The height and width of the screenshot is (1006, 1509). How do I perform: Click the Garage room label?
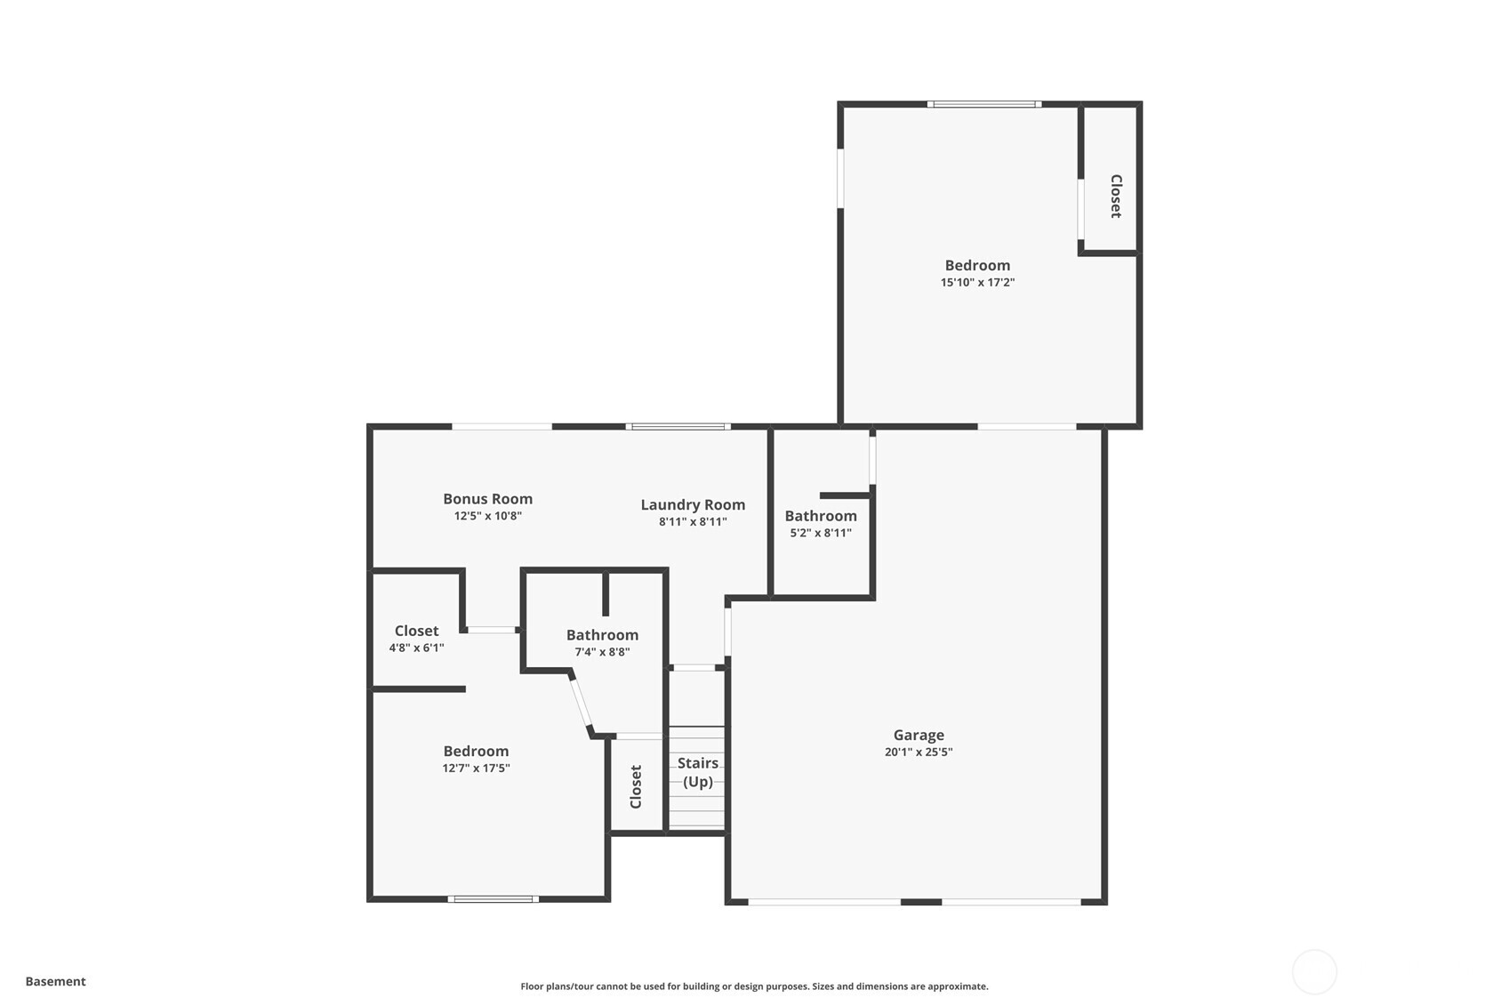click(919, 735)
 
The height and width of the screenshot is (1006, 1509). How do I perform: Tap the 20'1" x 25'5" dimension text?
click(919, 752)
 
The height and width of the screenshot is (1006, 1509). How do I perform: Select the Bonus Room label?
click(487, 499)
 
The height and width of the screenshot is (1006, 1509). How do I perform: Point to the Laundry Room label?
click(693, 504)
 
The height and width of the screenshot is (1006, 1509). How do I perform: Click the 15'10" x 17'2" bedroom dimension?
click(977, 283)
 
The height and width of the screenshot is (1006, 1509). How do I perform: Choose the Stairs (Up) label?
click(698, 772)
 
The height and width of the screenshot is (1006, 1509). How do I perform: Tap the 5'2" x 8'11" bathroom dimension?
click(821, 533)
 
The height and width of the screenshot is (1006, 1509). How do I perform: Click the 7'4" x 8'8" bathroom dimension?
click(602, 652)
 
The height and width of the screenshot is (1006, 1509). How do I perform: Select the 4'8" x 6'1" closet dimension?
click(416, 648)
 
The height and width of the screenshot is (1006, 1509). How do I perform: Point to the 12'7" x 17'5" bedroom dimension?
click(476, 769)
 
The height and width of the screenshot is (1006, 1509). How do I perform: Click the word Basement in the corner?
click(55, 981)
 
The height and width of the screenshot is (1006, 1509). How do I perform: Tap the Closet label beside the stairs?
click(636, 786)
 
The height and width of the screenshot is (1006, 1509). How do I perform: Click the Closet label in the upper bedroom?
click(1115, 196)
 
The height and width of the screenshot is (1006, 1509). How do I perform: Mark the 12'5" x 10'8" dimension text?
click(487, 516)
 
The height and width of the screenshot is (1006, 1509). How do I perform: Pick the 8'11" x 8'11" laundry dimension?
click(693, 522)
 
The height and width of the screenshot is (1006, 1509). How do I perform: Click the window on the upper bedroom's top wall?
click(983, 104)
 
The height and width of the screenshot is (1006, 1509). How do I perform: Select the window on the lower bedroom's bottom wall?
click(493, 899)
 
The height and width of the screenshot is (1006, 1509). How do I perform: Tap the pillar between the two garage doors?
click(921, 902)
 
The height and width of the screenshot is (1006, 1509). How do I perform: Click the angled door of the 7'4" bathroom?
click(580, 704)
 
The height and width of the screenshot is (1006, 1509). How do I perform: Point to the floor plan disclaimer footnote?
click(754, 986)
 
